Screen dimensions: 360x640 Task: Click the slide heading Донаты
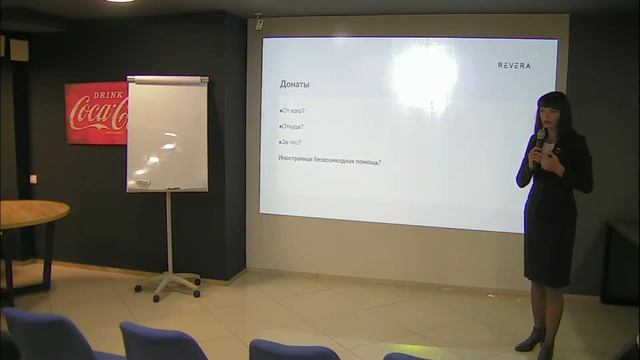295,83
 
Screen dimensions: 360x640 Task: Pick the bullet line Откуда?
292,126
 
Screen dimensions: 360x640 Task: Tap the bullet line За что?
291,143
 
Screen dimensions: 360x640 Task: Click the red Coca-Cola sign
96,113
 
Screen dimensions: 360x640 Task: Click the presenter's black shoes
531,342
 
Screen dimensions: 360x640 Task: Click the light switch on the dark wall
33,179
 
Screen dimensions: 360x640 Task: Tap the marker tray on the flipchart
167,188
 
